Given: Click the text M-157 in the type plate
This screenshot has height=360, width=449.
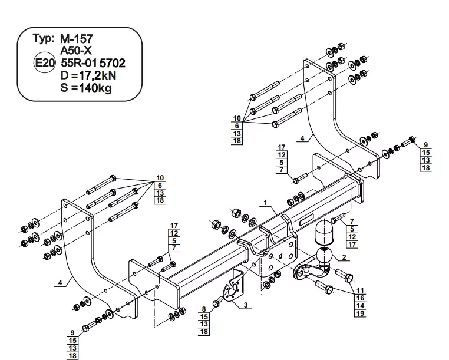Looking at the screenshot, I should pos(77,39).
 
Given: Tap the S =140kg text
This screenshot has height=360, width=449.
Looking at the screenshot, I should pos(85,88).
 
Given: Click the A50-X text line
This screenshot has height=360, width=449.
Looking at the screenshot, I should pos(75,51).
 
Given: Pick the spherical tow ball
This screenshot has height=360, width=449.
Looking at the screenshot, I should pos(325,256).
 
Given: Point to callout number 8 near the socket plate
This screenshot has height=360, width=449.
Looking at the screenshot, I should pos(203,309).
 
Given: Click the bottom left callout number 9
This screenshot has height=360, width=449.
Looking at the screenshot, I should pos(72,333).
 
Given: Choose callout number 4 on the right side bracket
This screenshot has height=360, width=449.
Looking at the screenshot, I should pos(302,138).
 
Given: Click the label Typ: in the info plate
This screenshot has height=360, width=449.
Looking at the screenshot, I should pos(44,39).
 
